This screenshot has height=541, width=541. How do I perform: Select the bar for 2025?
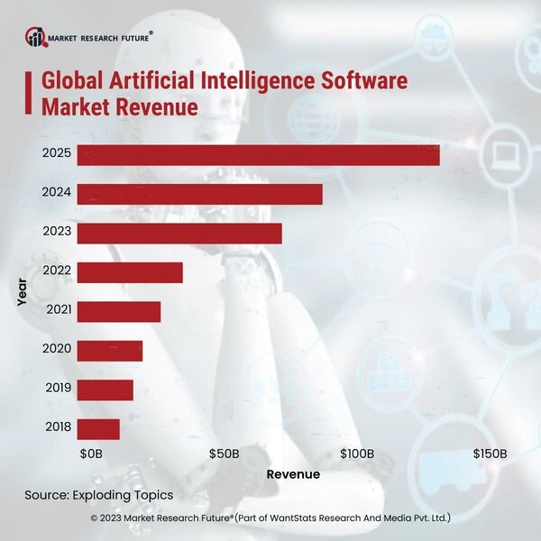(258, 154)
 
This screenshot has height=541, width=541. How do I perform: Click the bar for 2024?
(199, 194)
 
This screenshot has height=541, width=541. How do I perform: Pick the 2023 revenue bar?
(179, 233)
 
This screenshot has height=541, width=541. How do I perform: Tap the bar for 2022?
(130, 272)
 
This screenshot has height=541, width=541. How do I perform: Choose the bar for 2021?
(118, 311)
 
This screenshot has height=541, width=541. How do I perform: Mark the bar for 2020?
(110, 351)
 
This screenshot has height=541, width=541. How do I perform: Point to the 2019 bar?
(105, 390)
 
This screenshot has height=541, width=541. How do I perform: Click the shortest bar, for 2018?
(98, 429)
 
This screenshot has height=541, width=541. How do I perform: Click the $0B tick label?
(91, 454)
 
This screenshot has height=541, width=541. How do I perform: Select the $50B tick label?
(224, 454)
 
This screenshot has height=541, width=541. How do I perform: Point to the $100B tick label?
(357, 454)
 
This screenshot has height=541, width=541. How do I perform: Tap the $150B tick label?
(491, 454)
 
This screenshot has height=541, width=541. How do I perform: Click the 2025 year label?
(57, 154)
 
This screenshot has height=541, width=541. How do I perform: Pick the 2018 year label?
(57, 429)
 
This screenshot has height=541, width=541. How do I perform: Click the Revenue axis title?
(293, 474)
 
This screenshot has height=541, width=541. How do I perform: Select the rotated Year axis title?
(22, 292)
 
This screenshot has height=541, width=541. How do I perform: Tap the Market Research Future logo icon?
(36, 37)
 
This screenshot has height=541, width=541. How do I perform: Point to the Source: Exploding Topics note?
(99, 496)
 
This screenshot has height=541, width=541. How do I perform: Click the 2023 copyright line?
(270, 518)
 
